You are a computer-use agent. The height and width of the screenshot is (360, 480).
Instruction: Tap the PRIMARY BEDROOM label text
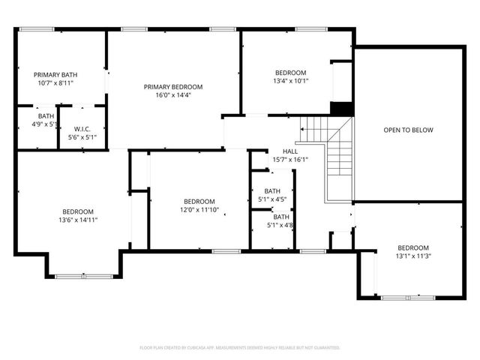(x=173, y=87)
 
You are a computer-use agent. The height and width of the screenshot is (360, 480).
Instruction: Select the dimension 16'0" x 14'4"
(x=173, y=96)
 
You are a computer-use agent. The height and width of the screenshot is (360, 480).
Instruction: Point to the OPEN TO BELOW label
(x=408, y=130)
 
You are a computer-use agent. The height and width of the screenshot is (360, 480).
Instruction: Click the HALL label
(x=289, y=151)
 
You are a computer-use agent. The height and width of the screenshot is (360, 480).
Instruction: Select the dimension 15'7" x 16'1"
(x=289, y=159)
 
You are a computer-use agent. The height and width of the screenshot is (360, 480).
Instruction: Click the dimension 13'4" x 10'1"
(x=290, y=81)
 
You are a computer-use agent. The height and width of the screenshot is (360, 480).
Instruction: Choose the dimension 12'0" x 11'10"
(x=199, y=210)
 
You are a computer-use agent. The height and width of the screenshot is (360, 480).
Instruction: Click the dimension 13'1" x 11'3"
(x=412, y=256)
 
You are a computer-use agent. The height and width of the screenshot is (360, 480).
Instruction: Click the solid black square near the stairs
(x=342, y=108)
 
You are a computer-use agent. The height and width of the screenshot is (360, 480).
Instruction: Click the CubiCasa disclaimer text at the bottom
(x=240, y=348)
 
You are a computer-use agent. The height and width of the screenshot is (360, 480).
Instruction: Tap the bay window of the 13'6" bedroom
(x=76, y=277)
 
